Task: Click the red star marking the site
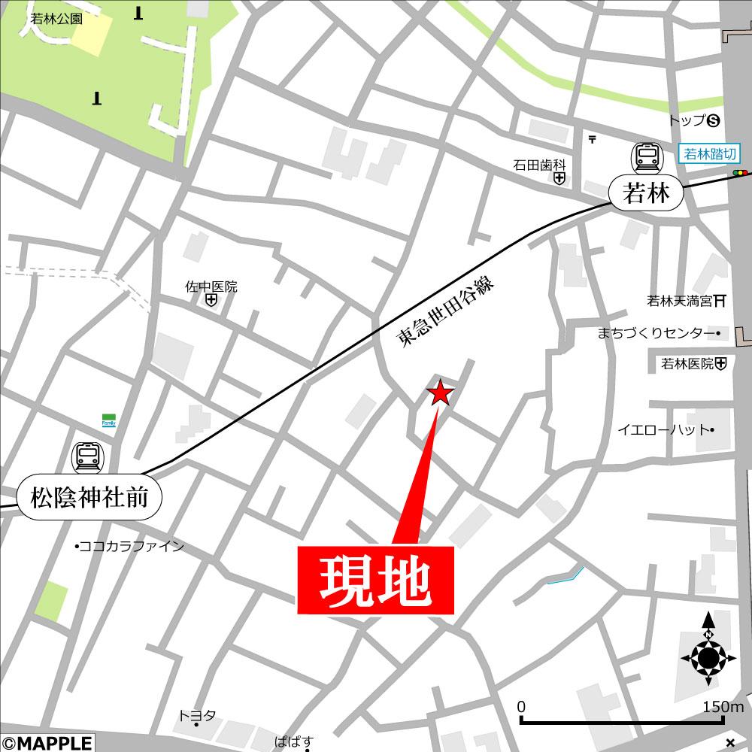click(x=440, y=393)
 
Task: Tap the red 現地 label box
click(x=376, y=581)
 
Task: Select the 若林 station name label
click(x=647, y=195)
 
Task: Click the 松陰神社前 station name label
click(x=89, y=497)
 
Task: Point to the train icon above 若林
click(x=647, y=156)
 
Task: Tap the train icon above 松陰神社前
click(x=88, y=456)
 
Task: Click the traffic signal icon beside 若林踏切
click(x=741, y=174)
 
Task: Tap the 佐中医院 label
click(x=211, y=287)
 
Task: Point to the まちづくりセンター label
click(x=655, y=332)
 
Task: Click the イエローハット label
click(x=663, y=430)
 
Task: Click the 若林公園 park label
click(x=56, y=20)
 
